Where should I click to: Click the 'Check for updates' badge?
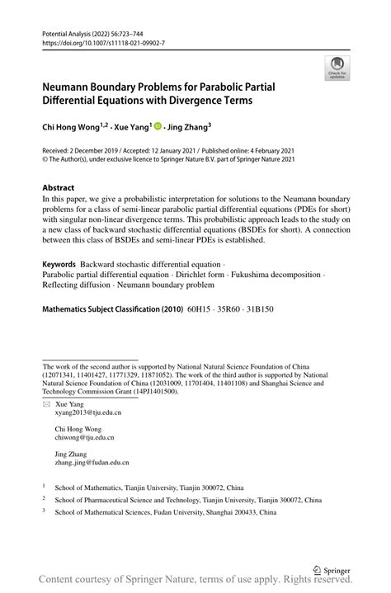(337, 69)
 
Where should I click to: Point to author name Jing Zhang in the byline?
(189, 128)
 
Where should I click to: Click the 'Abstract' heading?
(59, 187)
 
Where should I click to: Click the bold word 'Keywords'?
(59, 263)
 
